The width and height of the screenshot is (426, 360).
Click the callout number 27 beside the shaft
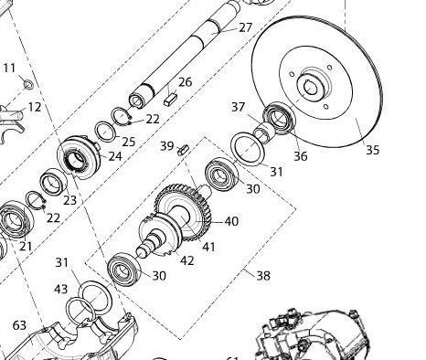[246, 27]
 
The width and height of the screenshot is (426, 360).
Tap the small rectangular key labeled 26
[170, 100]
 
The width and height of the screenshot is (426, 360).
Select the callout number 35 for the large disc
[372, 150]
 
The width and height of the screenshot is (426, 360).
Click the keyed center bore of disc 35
[311, 89]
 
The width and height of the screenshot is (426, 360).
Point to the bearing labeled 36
[279, 118]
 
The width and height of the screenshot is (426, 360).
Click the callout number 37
[239, 107]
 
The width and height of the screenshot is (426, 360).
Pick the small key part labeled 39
[184, 150]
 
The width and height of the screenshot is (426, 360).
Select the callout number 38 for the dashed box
[263, 276]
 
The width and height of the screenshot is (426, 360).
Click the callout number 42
[187, 260]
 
